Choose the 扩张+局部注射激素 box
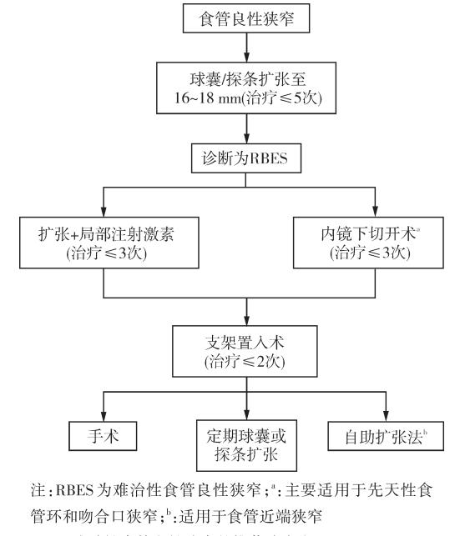(x=104, y=241)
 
